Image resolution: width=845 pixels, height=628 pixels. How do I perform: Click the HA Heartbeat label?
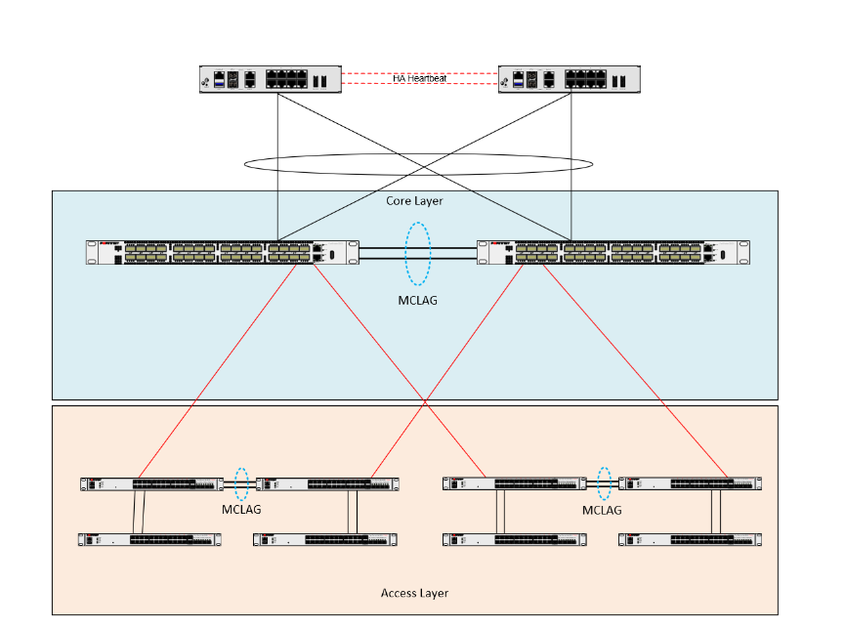[x=420, y=78]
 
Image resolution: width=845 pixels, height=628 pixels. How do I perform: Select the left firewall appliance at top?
[x=271, y=79]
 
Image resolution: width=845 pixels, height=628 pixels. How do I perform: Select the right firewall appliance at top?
[x=570, y=79]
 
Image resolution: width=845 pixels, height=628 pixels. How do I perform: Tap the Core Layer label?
[x=415, y=201]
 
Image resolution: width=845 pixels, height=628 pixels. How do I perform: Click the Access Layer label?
[x=414, y=593]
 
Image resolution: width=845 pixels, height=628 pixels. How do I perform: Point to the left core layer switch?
[x=222, y=253]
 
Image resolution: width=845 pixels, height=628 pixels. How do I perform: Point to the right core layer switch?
[x=613, y=253]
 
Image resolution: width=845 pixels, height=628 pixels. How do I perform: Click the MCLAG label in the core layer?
[x=418, y=301]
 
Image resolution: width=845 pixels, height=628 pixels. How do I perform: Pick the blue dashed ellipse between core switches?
[x=418, y=253]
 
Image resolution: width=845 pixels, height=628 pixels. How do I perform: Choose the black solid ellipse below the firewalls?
[x=418, y=164]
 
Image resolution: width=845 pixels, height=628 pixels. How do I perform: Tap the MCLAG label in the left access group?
[x=241, y=510]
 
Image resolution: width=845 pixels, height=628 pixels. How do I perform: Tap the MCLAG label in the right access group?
[x=603, y=510]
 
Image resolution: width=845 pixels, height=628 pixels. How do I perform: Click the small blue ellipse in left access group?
[x=241, y=483]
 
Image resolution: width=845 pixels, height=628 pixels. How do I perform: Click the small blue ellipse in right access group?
[x=605, y=483]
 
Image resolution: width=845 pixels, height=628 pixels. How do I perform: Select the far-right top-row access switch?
[x=691, y=483]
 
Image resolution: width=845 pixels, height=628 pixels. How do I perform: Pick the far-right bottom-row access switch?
[x=691, y=539]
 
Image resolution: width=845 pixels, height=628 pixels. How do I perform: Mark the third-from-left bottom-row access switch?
[x=514, y=539]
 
